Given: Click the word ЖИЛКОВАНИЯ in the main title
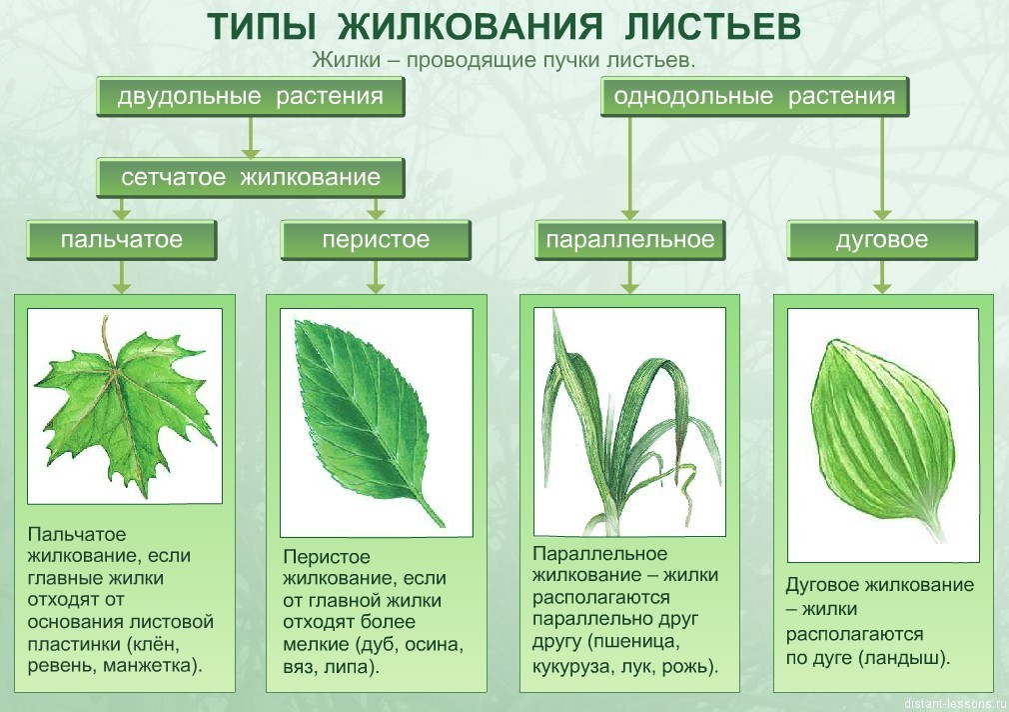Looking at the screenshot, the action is pos(471,27).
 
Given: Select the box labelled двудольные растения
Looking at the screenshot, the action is pos(251,97).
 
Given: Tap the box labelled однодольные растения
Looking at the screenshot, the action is pos(754,97).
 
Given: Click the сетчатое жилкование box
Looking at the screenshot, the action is pos(251,177).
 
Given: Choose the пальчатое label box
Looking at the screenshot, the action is pos(122,240).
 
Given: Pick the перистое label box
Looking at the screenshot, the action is pos(376,240).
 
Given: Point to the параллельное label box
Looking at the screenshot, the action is pos(630,240).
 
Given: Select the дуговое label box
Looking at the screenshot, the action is pos(882,240).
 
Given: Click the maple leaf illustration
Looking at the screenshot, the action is pos(126,407).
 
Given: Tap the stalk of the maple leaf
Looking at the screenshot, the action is pos(108,342).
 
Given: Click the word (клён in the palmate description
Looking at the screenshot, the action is pos(153,644).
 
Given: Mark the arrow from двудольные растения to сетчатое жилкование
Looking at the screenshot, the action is pos(251,137).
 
